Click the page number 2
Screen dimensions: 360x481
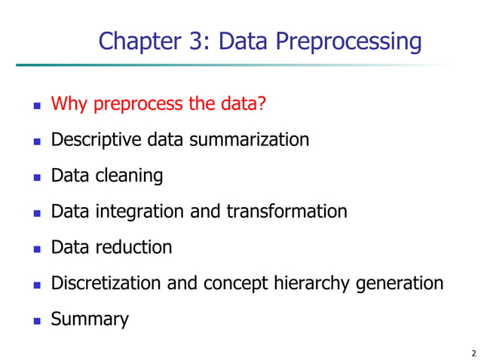tap(473, 352)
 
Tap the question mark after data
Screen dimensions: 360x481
tap(262, 103)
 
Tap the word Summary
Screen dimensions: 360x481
tap(90, 319)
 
